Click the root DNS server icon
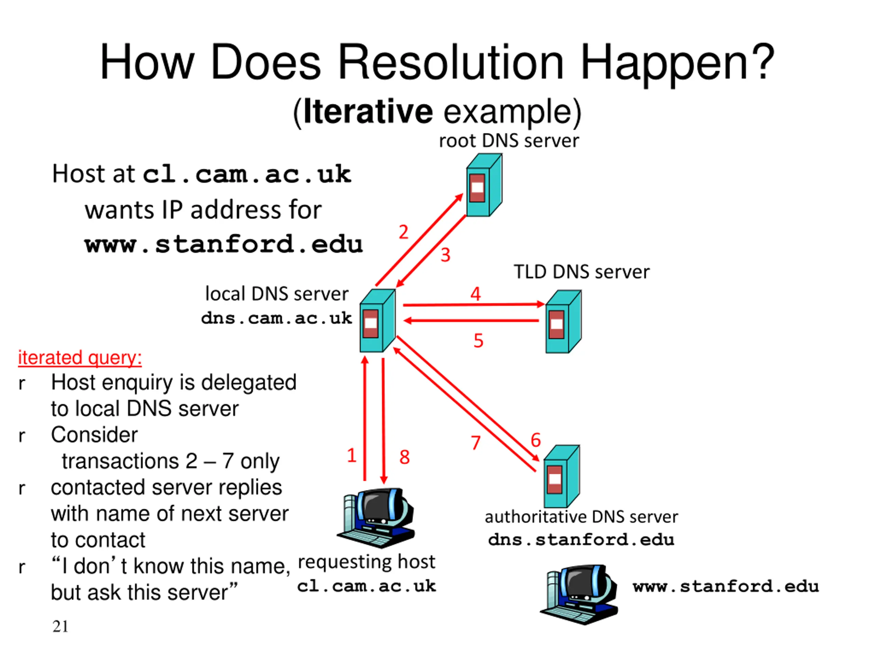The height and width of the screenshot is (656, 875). pyautogui.click(x=484, y=185)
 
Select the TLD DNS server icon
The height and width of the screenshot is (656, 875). pyautogui.click(x=564, y=322)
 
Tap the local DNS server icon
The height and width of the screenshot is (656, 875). pyautogui.click(x=377, y=321)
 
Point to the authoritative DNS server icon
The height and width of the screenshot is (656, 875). pyautogui.click(x=562, y=477)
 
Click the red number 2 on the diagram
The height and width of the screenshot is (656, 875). pyautogui.click(x=403, y=232)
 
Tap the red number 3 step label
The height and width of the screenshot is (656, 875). pyautogui.click(x=446, y=255)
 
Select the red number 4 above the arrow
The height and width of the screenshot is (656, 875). pyautogui.click(x=475, y=294)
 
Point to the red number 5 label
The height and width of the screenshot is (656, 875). pyautogui.click(x=479, y=340)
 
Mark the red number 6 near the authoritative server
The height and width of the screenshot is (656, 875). pyautogui.click(x=536, y=440)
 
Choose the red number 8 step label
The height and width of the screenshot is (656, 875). pyautogui.click(x=405, y=457)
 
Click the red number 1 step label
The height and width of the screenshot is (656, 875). pyautogui.click(x=352, y=455)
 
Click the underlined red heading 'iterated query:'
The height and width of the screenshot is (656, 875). pyautogui.click(x=80, y=358)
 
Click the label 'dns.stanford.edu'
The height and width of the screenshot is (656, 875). pyautogui.click(x=581, y=540)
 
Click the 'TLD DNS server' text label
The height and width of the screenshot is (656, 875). pyautogui.click(x=581, y=272)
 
